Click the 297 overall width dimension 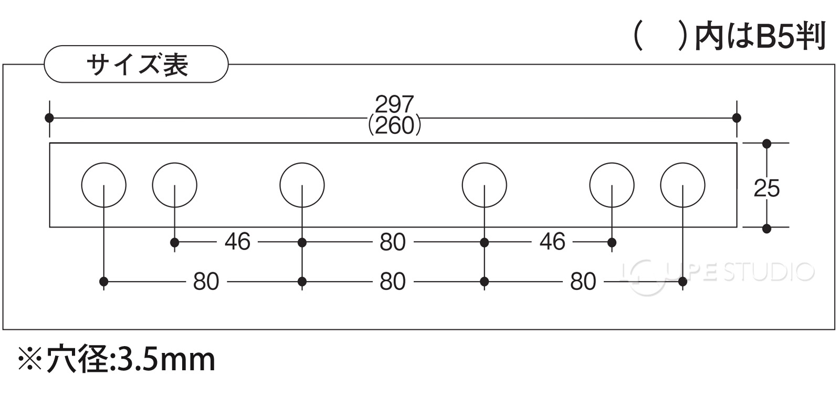pyautogui.click(x=394, y=104)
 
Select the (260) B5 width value pyautogui.click(x=394, y=127)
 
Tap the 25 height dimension pyautogui.click(x=766, y=188)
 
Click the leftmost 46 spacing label pyautogui.click(x=237, y=242)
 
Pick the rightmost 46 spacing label pyautogui.click(x=552, y=242)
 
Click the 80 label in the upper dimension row pyautogui.click(x=393, y=242)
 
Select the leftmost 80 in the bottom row pyautogui.click(x=206, y=282)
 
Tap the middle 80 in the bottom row pyautogui.click(x=393, y=282)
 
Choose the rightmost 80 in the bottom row pyautogui.click(x=583, y=282)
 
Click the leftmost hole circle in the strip pyautogui.click(x=82, y=185)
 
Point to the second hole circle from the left pyautogui.click(x=153, y=185)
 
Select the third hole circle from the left pyautogui.click(x=280, y=185)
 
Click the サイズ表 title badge pyautogui.click(x=136, y=65)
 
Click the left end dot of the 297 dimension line pyautogui.click(x=49, y=118)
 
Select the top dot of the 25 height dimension pyautogui.click(x=767, y=143)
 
